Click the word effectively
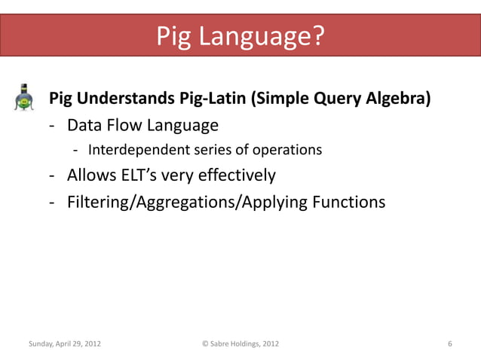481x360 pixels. [237, 176]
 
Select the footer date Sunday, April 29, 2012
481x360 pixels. [65, 344]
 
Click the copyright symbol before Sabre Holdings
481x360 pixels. [206, 344]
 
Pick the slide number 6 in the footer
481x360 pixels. [449, 344]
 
